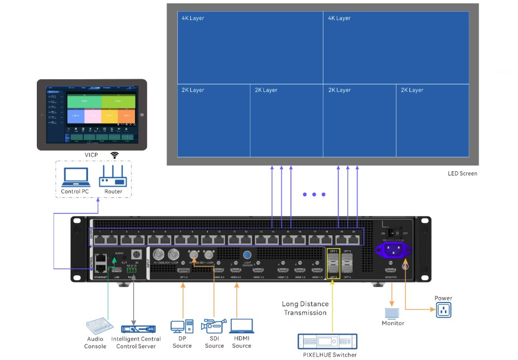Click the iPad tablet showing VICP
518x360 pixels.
pyautogui.click(x=92, y=114)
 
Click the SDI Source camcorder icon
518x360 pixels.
pyautogui.click(x=214, y=327)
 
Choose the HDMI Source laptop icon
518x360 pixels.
pyautogui.click(x=241, y=327)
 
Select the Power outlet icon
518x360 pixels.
pyautogui.click(x=443, y=310)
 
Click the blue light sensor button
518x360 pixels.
pyautogui.click(x=248, y=255)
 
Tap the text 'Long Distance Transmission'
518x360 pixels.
pyautogui.click(x=305, y=308)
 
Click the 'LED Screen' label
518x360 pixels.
pyautogui.click(x=462, y=173)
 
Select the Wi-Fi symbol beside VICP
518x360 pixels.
pyautogui.click(x=114, y=155)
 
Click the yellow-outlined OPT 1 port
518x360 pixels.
pyautogui.click(x=333, y=258)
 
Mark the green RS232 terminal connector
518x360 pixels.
pyautogui.click(x=131, y=271)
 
